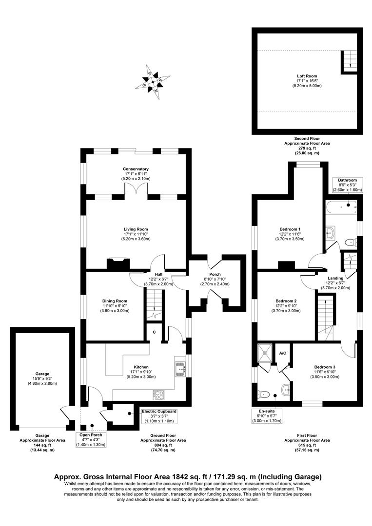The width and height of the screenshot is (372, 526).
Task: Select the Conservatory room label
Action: tap(136, 169)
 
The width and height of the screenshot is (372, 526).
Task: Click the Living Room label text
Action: tap(136, 229)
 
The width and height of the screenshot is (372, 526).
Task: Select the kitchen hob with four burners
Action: tap(160, 394)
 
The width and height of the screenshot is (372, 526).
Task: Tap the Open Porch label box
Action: tap(93, 440)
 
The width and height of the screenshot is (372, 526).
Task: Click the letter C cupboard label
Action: tap(154, 332)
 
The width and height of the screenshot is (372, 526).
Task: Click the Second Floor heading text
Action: tap(307, 139)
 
